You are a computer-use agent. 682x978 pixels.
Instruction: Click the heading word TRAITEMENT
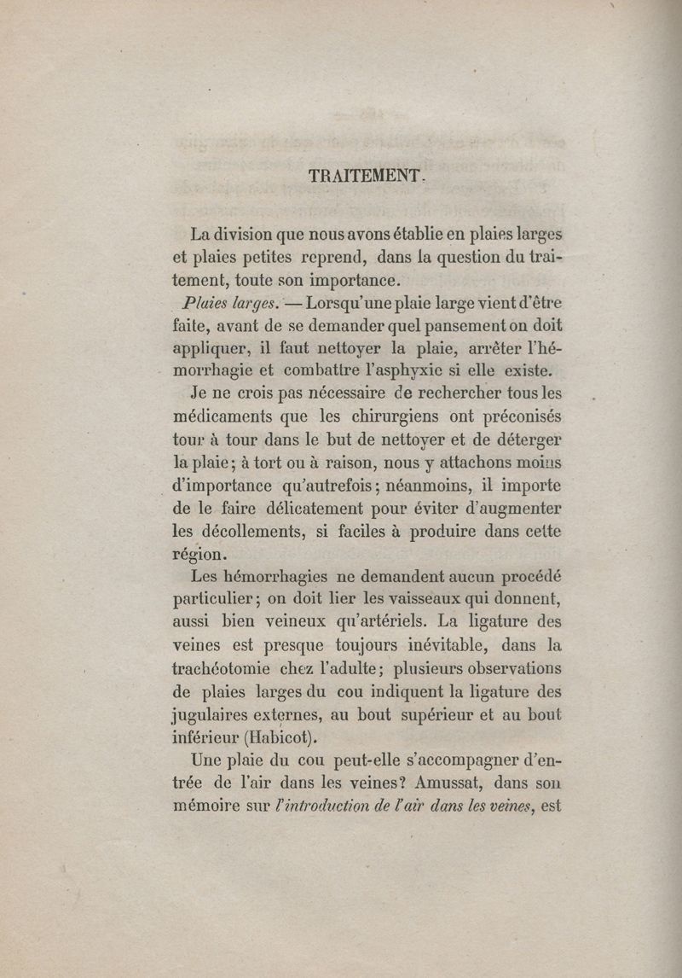pyautogui.click(x=364, y=176)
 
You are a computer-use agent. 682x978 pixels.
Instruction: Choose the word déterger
pyautogui.click(x=525, y=441)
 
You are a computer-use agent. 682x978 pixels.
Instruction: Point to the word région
pyautogui.click(x=199, y=556)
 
